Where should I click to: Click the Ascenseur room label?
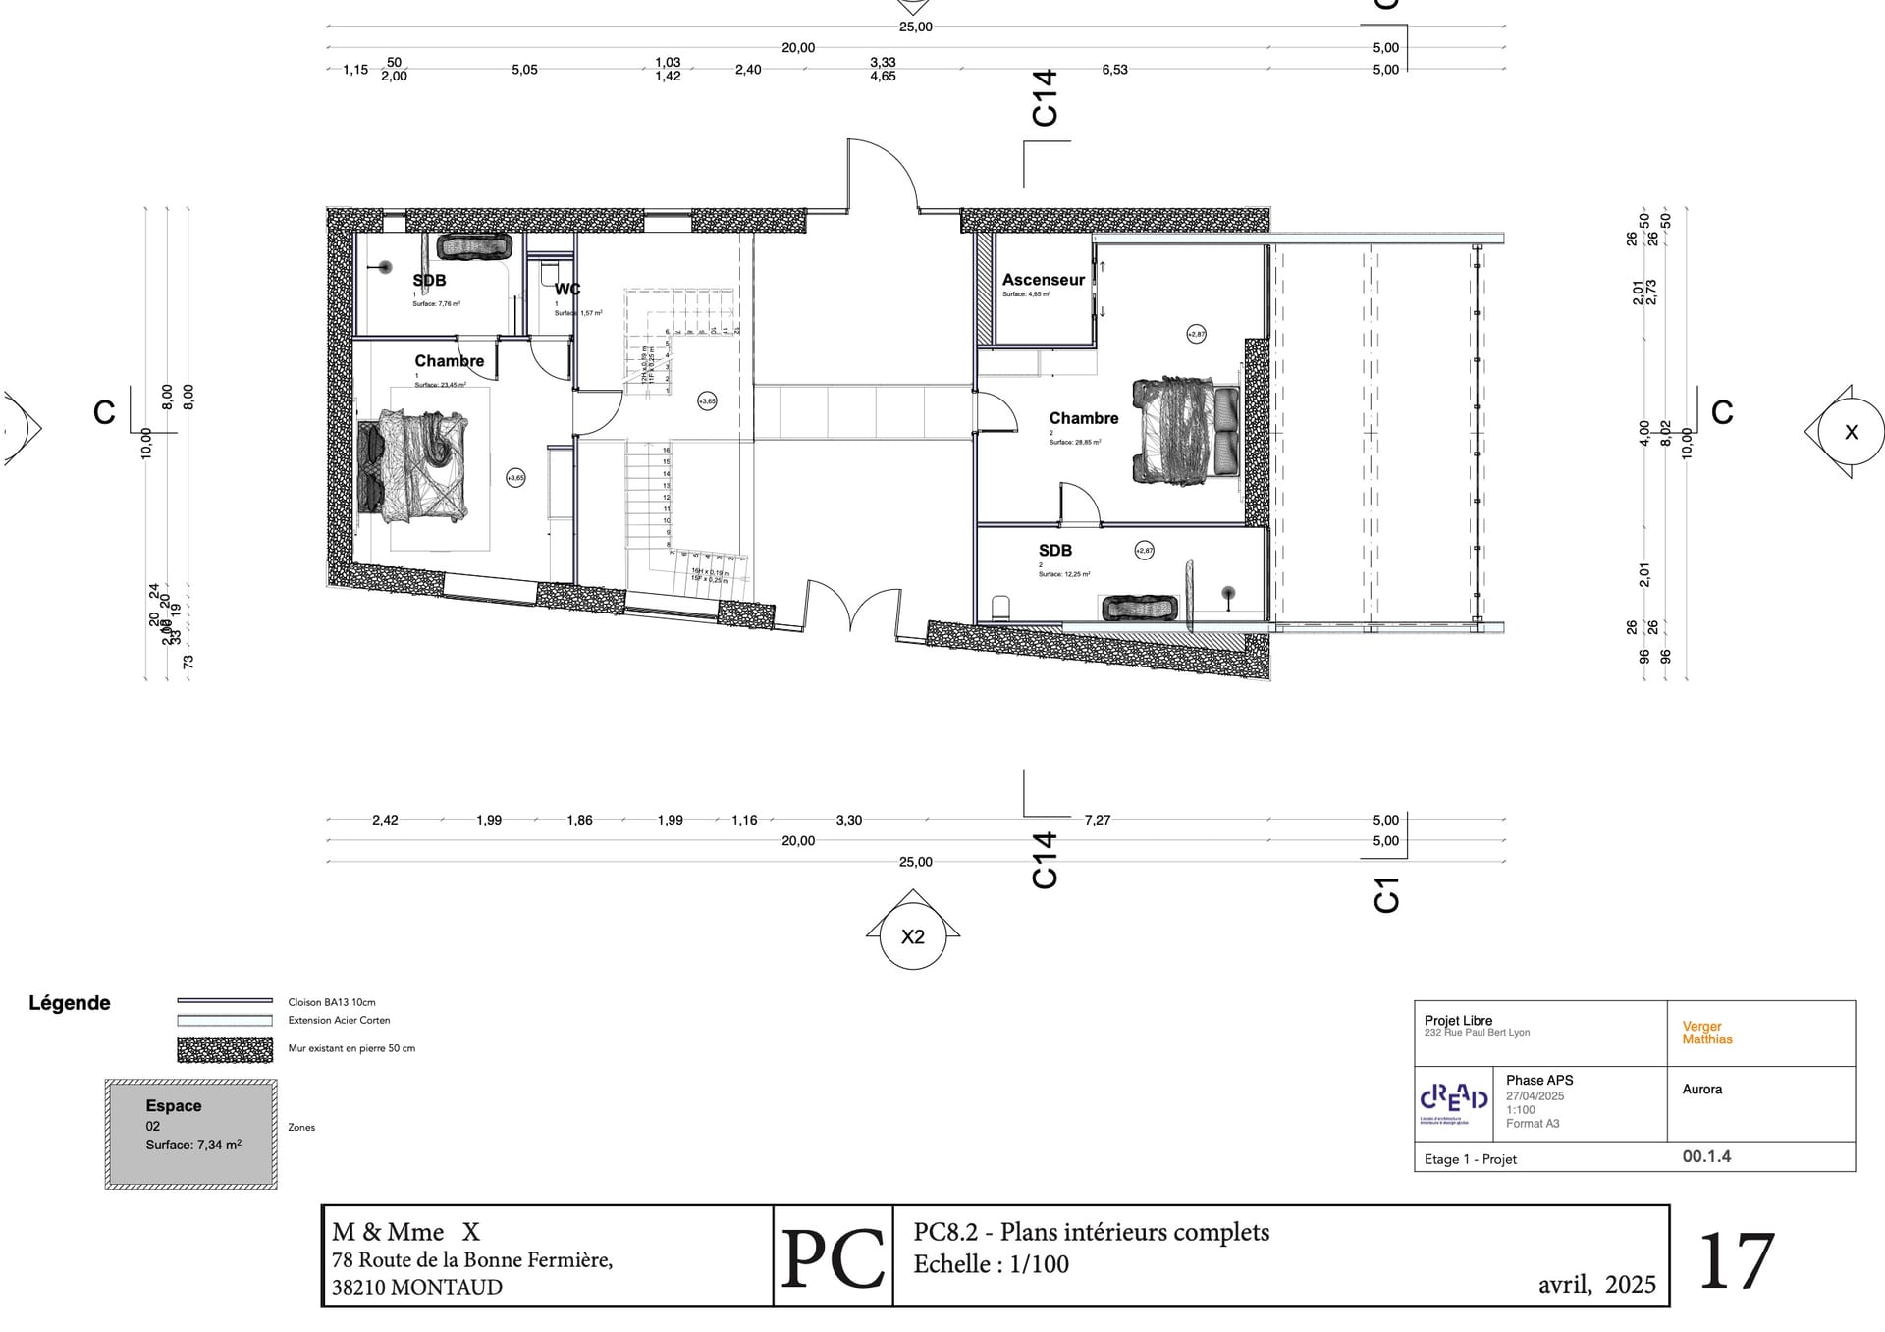click(1043, 280)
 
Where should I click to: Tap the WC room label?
click(566, 290)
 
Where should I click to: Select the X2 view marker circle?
click(912, 936)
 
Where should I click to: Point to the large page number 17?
click(1735, 1261)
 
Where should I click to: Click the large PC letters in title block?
click(833, 1258)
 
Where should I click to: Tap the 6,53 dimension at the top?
click(1114, 70)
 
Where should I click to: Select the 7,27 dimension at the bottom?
click(1097, 820)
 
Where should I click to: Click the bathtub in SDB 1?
click(473, 245)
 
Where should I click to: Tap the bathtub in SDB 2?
click(1140, 608)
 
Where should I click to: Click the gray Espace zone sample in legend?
click(190, 1134)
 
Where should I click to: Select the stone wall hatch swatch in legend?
click(225, 1049)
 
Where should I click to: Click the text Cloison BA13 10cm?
click(332, 1002)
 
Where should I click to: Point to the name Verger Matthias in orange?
click(1706, 1033)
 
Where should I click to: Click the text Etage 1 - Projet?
click(1470, 1159)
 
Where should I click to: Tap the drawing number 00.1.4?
click(1706, 1156)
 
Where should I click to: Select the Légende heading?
click(69, 1003)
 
